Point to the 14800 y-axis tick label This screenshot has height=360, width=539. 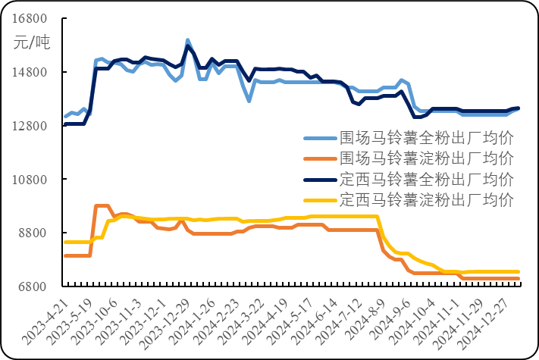click(31, 73)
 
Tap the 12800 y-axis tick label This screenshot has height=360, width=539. click(31, 127)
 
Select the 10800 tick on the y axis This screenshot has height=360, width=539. click(31, 180)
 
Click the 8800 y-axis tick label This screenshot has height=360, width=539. click(34, 233)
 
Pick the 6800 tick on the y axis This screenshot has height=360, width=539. click(34, 287)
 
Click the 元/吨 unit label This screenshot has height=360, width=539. click(31, 42)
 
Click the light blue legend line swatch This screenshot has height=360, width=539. click(320, 139)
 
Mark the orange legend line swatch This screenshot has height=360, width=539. click(320, 160)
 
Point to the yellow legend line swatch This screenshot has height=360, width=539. click(320, 202)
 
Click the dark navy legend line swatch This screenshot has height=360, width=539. click(320, 180)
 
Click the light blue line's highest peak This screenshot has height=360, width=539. click(187, 39)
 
